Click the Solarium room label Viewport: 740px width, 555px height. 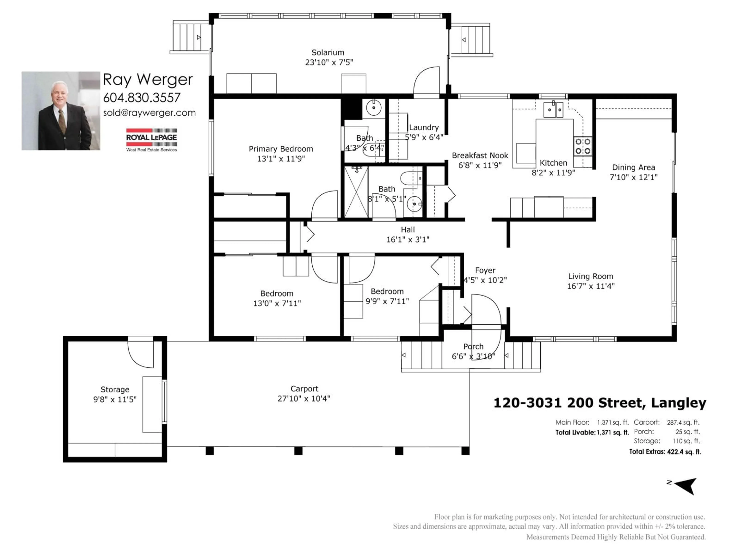[x=328, y=53]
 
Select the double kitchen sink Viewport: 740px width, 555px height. [x=553, y=110]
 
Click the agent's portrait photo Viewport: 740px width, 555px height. [x=61, y=111]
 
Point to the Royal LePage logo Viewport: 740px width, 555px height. [x=151, y=140]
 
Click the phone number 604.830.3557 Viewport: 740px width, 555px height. [x=142, y=98]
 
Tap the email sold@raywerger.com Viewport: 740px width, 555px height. [x=149, y=113]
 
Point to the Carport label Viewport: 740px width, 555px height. [x=304, y=389]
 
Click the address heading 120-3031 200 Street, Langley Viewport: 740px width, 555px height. [x=600, y=403]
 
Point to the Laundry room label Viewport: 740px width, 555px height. [x=424, y=127]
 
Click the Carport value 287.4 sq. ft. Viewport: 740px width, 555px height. [x=683, y=423]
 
